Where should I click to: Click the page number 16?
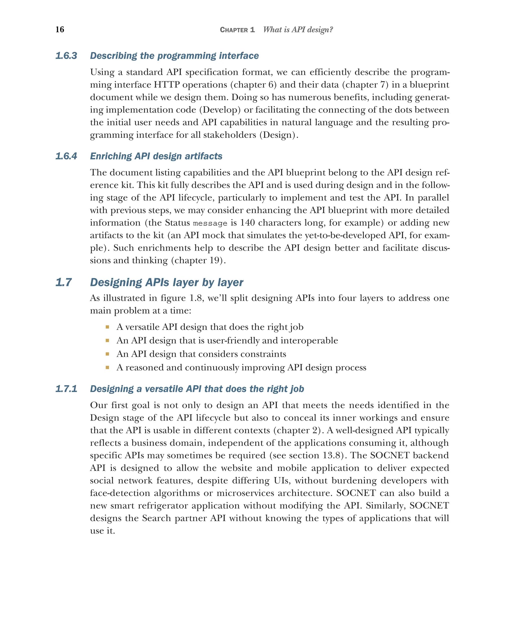click(x=60, y=29)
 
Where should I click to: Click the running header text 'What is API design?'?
click(x=298, y=30)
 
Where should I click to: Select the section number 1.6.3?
click(x=66, y=56)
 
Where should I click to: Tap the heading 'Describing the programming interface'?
click(x=174, y=56)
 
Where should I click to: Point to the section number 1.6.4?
click(x=66, y=156)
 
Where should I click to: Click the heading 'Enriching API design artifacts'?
click(x=156, y=156)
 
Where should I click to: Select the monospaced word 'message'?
click(x=210, y=223)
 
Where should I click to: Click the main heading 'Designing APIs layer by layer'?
click(x=167, y=282)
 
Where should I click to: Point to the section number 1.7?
click(x=64, y=282)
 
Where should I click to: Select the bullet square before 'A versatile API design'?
click(x=107, y=327)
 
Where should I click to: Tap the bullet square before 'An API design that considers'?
click(x=107, y=354)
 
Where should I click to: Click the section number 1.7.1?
click(x=66, y=389)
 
